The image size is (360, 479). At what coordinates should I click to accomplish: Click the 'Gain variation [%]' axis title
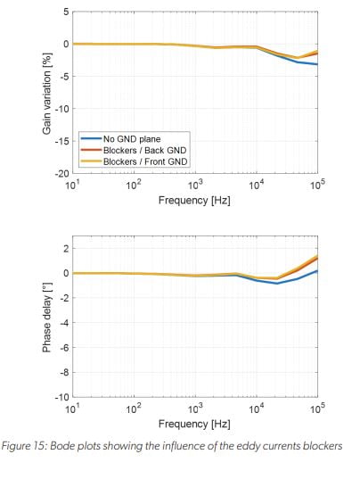47,93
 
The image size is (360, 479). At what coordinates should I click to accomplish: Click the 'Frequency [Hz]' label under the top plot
194,201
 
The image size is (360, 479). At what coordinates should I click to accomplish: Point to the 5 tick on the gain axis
65,12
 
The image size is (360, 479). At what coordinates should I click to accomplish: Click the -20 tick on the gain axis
61,173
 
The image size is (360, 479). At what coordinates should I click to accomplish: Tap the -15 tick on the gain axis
61,141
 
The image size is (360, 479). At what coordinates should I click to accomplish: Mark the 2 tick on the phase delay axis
65,248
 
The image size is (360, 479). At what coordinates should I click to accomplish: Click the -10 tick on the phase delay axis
61,396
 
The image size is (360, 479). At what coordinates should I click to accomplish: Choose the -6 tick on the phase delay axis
63,347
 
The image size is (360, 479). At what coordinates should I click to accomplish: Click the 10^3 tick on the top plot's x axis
195,186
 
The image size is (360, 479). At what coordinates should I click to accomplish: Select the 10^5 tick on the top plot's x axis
317,186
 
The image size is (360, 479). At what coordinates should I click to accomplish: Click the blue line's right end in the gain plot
316,64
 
